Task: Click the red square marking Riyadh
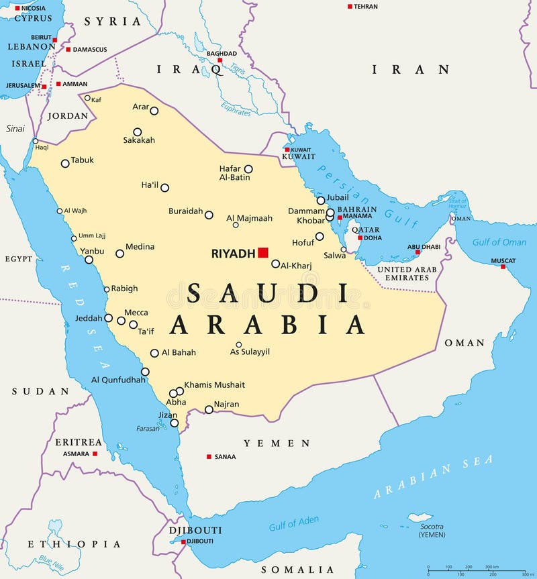coord(263,252)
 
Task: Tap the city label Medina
coord(140,246)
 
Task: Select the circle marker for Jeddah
coord(109,318)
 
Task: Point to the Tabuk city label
coord(83,160)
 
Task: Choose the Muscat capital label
coord(503,260)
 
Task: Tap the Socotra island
coord(420,517)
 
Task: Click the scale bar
coord(477,571)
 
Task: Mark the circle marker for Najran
coord(209,409)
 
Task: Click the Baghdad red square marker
coord(219,60)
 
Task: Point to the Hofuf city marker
coord(320,236)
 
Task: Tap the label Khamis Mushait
coord(215,384)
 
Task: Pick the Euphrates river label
coord(236,110)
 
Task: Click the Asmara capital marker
coord(95,454)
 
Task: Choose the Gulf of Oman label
coord(499,242)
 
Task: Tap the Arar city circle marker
coord(154,111)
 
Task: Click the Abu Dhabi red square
coord(417,253)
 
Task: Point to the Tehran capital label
coord(366,6)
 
